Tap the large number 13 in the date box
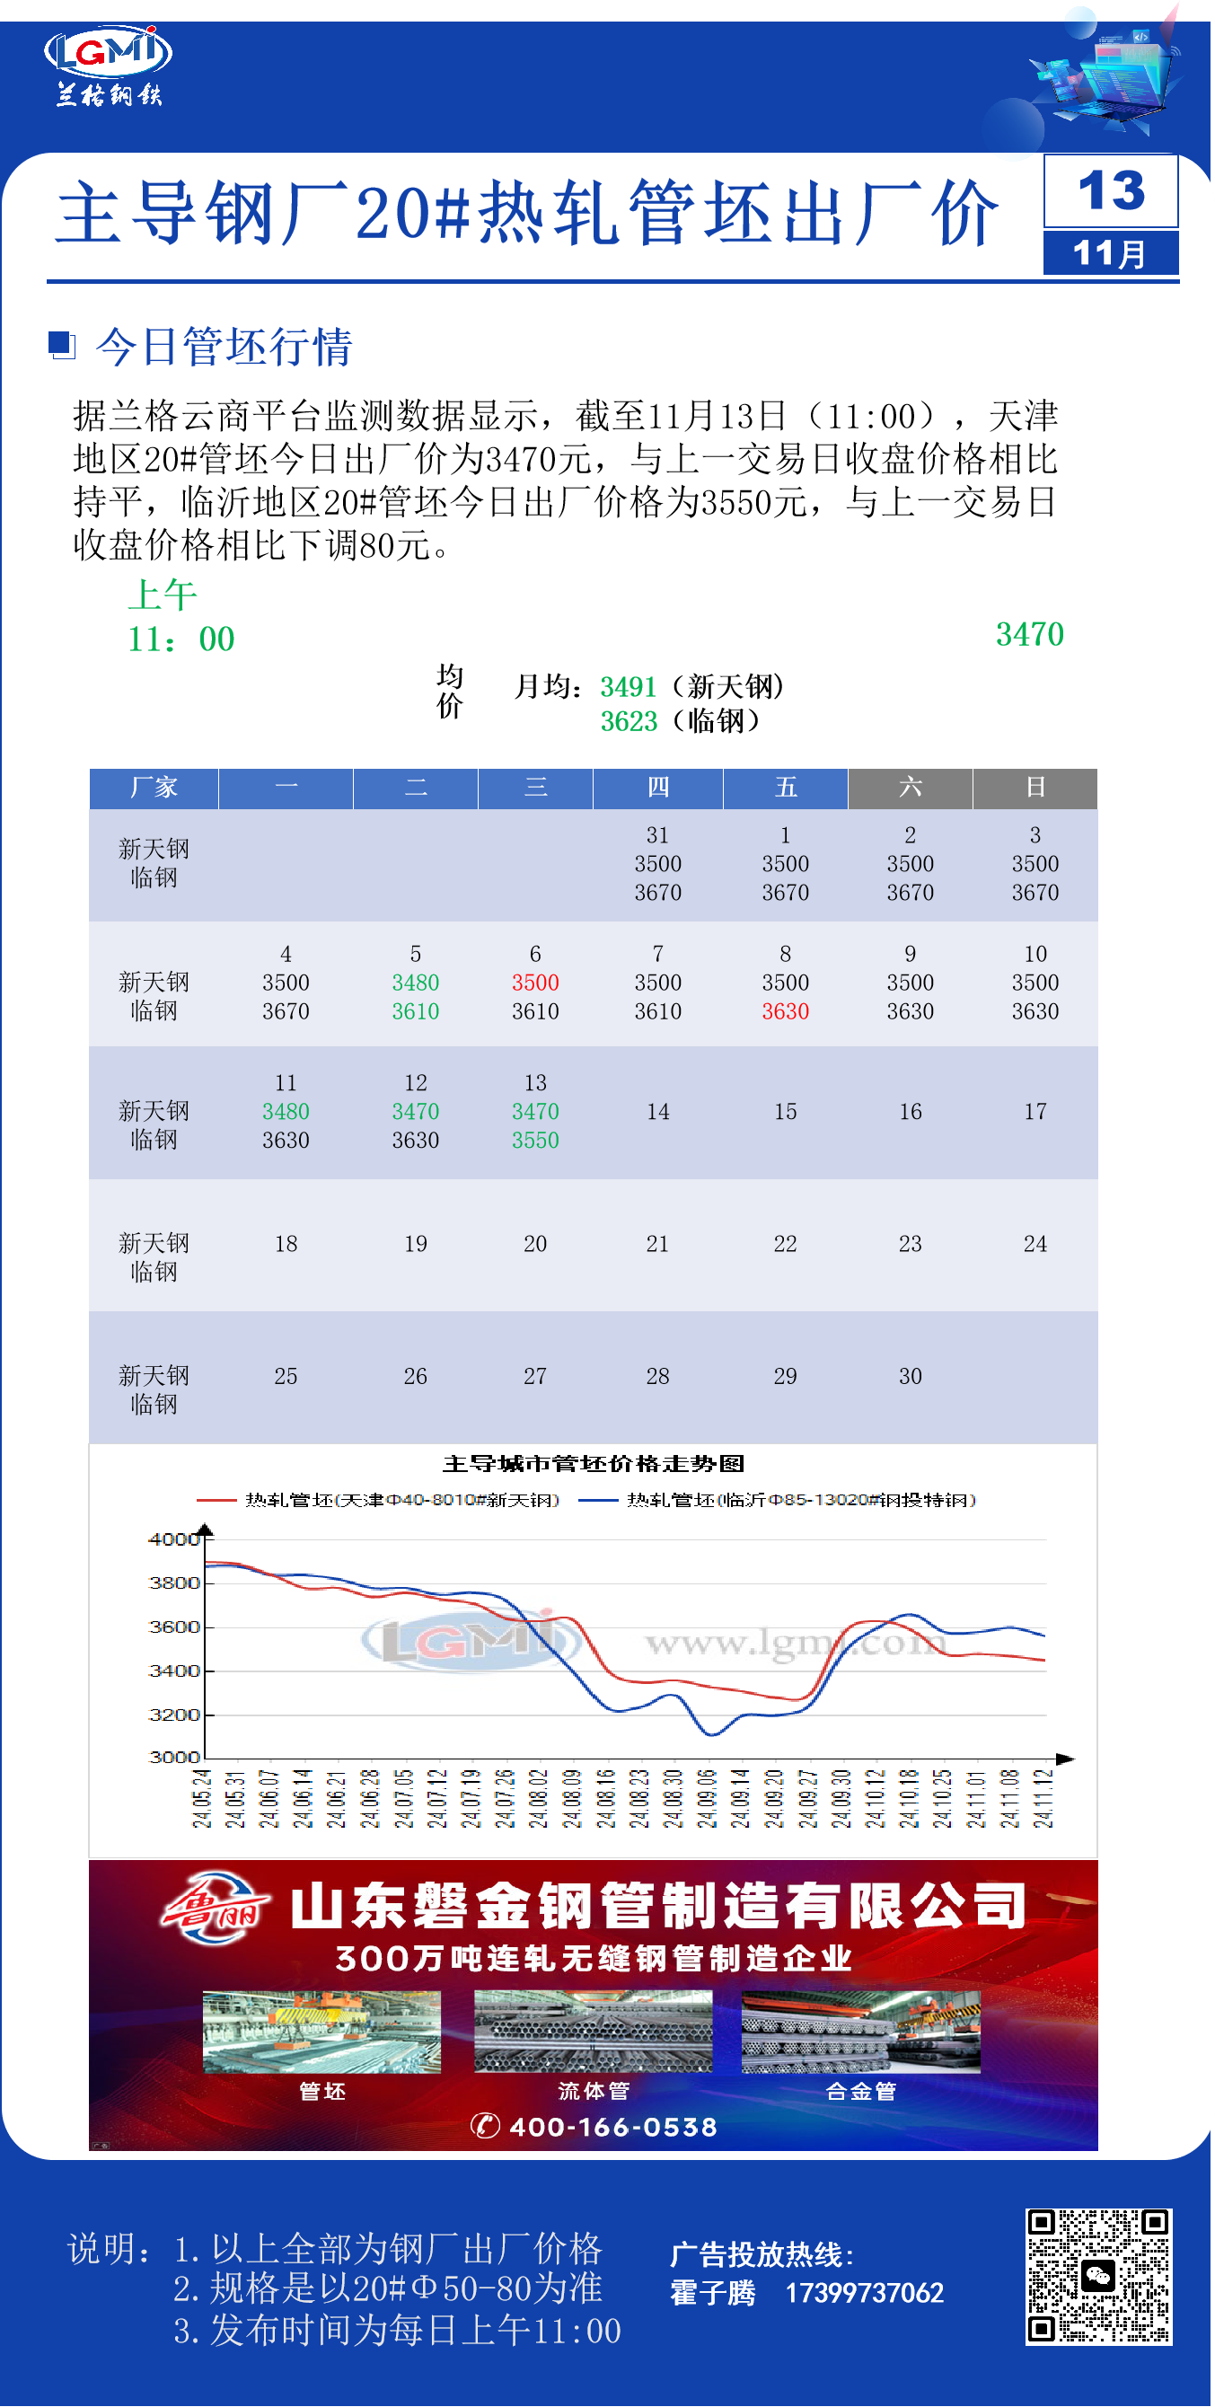(x=1110, y=191)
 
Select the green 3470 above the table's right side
(x=1029, y=634)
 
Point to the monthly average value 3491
(x=628, y=687)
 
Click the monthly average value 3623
(x=628, y=721)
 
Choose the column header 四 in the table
(x=657, y=787)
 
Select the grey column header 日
(x=1035, y=787)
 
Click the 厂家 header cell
(x=154, y=787)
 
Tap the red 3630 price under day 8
(x=785, y=1011)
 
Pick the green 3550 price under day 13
(x=534, y=1140)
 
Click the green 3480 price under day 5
(x=415, y=982)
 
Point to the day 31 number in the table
(x=657, y=834)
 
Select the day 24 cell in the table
(x=1035, y=1244)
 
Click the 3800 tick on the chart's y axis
(x=174, y=1583)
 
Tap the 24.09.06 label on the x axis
(x=707, y=1798)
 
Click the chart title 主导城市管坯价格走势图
(x=593, y=1463)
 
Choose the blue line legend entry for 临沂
(x=800, y=1500)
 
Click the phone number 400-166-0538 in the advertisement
(x=612, y=2127)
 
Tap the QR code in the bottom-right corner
(x=1098, y=2276)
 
